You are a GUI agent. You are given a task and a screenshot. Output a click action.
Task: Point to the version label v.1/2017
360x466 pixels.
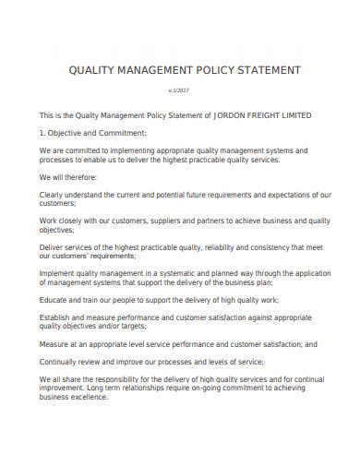(179, 91)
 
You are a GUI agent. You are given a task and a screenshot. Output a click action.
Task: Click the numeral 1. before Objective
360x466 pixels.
(42, 133)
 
